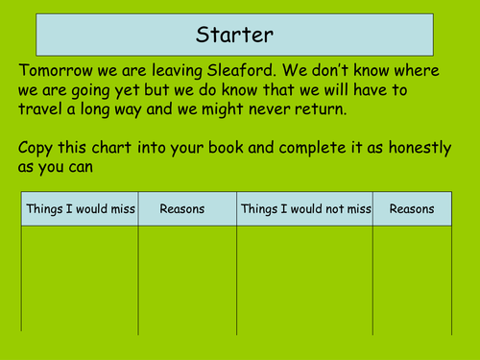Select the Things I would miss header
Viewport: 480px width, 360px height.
pyautogui.click(x=81, y=208)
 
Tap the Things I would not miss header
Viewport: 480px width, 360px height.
pyautogui.click(x=304, y=208)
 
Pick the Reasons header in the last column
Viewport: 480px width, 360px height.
pyautogui.click(x=412, y=208)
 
